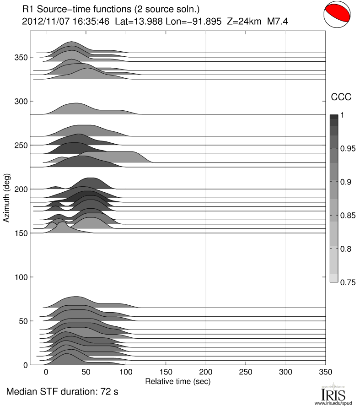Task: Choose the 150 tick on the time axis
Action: (x=166, y=373)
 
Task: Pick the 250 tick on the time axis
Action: (x=246, y=373)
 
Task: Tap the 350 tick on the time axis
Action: (x=326, y=373)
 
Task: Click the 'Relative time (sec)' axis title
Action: (x=177, y=381)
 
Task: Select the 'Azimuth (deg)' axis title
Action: (x=7, y=198)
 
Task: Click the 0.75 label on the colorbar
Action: (x=348, y=282)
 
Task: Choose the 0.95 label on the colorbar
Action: (x=348, y=149)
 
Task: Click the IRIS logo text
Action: (x=330, y=393)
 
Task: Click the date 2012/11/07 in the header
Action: (x=42, y=21)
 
